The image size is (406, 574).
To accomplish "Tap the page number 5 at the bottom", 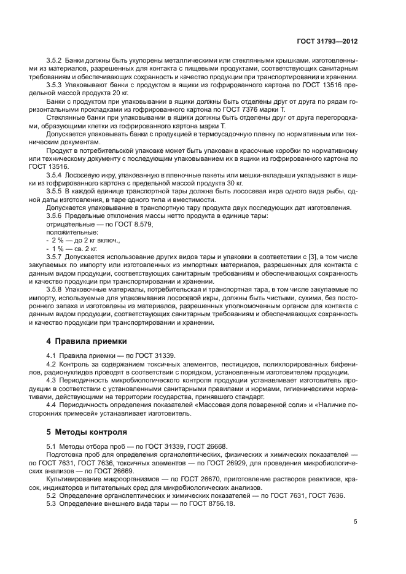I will click(x=355, y=522).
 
